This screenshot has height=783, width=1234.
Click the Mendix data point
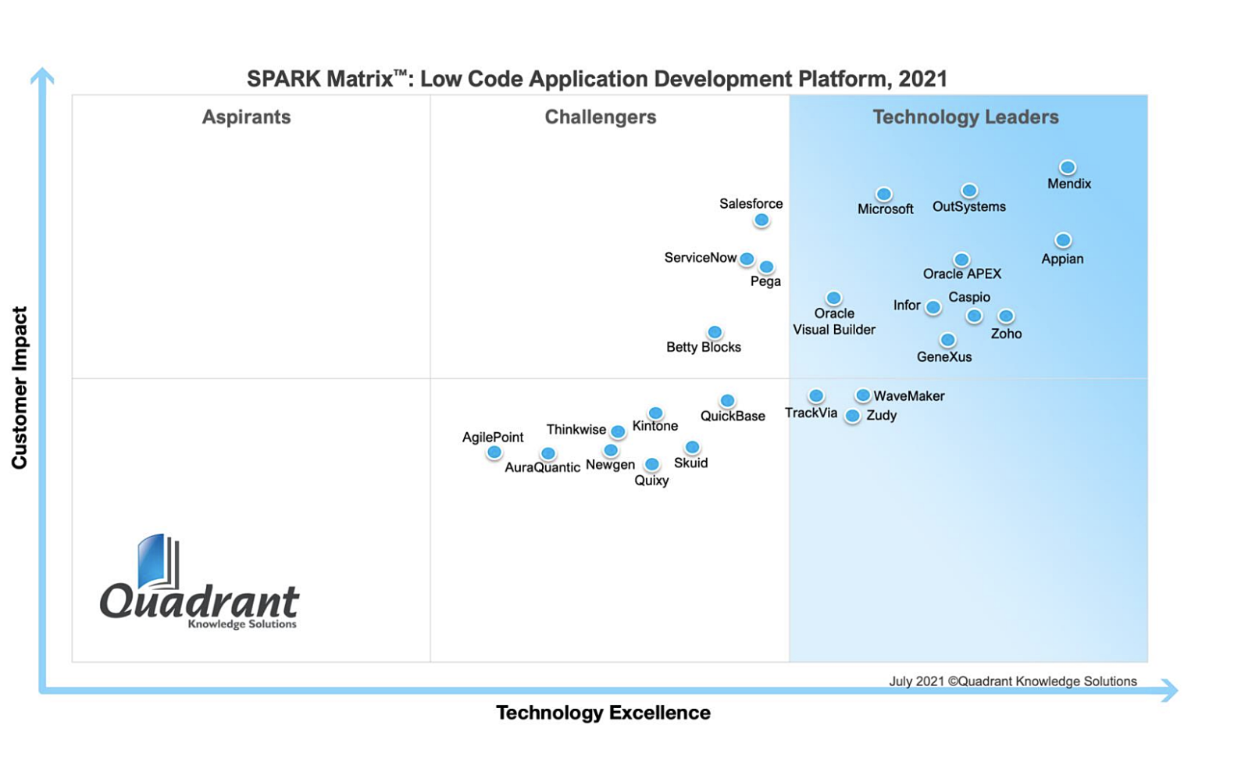1067,167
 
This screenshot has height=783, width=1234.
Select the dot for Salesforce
761,220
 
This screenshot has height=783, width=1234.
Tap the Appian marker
1062,240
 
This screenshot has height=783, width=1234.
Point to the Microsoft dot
883,194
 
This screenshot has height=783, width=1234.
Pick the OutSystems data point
968,191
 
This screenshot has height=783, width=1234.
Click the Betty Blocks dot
714,332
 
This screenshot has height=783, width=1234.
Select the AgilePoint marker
494,452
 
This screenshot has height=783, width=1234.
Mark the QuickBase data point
727,401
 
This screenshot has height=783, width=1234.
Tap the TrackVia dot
815,396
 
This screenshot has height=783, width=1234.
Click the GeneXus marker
947,340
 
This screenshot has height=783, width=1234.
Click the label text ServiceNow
700,258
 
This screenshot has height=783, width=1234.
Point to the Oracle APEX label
961,274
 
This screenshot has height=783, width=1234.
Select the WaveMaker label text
908,396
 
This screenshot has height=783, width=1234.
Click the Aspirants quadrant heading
246,117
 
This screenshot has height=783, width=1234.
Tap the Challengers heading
600,117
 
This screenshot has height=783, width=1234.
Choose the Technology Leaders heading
965,117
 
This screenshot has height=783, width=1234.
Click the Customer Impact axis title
20,388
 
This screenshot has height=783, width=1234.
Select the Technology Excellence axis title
603,713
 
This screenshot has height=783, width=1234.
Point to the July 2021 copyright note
1012,681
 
